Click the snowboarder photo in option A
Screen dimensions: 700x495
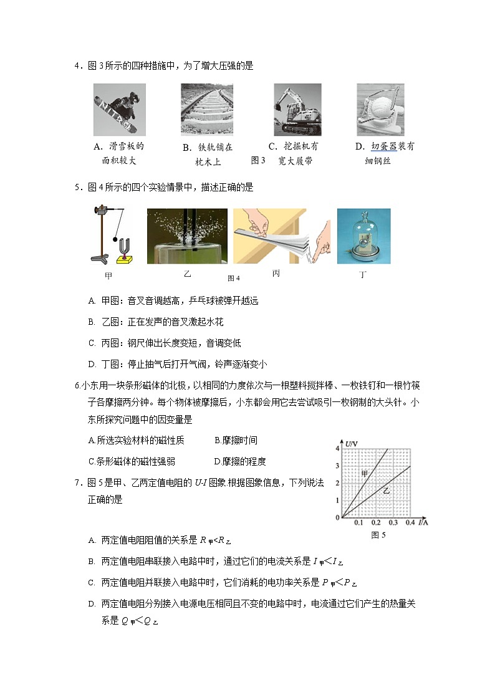click(119, 110)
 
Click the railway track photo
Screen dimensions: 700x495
click(207, 109)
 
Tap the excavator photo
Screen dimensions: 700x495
click(297, 110)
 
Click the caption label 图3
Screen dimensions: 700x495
click(258, 161)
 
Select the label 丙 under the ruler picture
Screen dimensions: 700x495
click(276, 273)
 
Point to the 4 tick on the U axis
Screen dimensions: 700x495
click(337, 448)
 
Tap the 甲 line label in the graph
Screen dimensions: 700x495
click(365, 474)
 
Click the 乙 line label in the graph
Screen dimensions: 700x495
click(387, 491)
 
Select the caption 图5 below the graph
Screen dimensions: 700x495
click(378, 535)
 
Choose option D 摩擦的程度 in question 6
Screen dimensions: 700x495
click(239, 461)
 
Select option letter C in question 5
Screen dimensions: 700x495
click(92, 343)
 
